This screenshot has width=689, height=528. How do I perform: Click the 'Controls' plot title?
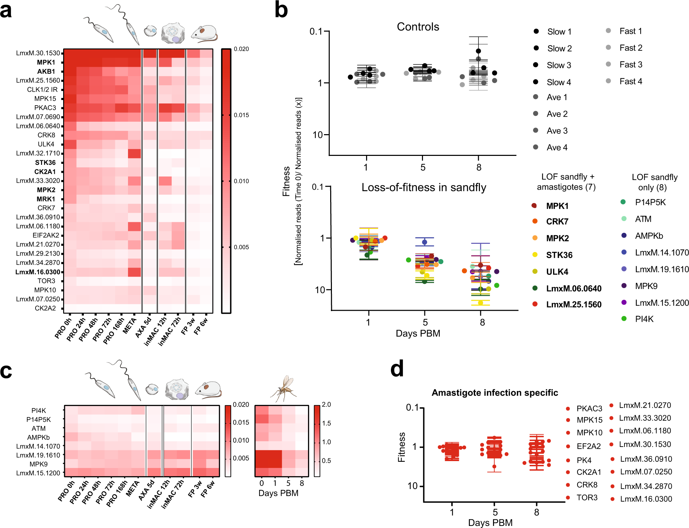[418, 27]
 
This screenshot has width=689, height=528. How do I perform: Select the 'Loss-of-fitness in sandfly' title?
[424, 187]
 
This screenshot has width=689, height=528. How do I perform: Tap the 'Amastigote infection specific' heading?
[495, 393]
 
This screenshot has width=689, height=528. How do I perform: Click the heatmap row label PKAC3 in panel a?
[45, 108]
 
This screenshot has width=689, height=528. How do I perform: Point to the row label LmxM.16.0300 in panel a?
[38, 272]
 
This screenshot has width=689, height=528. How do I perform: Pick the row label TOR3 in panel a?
[46, 281]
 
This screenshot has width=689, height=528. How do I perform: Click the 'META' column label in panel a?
[130, 326]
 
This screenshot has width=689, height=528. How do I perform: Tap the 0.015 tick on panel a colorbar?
[241, 115]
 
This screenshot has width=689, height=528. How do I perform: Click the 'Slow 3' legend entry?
[559, 65]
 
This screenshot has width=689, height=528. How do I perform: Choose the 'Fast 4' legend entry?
[631, 81]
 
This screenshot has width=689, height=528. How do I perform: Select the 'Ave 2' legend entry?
[557, 114]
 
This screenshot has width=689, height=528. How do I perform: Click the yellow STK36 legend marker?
[535, 255]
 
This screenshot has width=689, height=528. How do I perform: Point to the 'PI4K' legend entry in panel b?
[644, 319]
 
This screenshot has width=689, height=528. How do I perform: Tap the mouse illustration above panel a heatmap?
[204, 34]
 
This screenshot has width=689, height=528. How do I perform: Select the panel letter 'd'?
[397, 369]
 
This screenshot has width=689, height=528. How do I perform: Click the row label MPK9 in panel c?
[38, 464]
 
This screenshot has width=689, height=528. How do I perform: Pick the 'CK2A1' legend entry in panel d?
[589, 472]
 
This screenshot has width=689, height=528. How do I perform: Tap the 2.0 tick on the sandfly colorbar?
[326, 405]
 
